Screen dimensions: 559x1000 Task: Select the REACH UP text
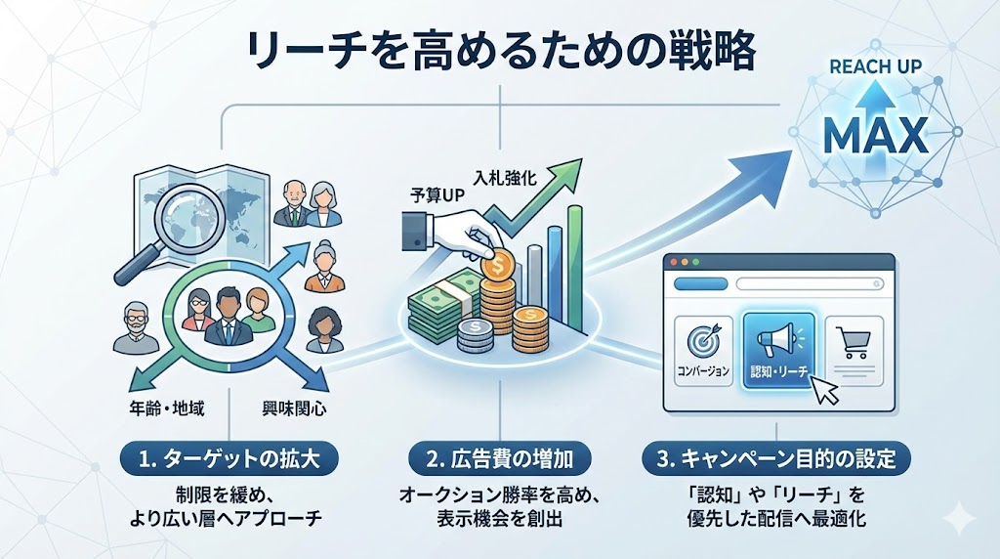[x=874, y=68]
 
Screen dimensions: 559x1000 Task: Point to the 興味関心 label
[x=293, y=405]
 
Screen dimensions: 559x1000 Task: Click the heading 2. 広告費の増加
[x=499, y=457]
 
